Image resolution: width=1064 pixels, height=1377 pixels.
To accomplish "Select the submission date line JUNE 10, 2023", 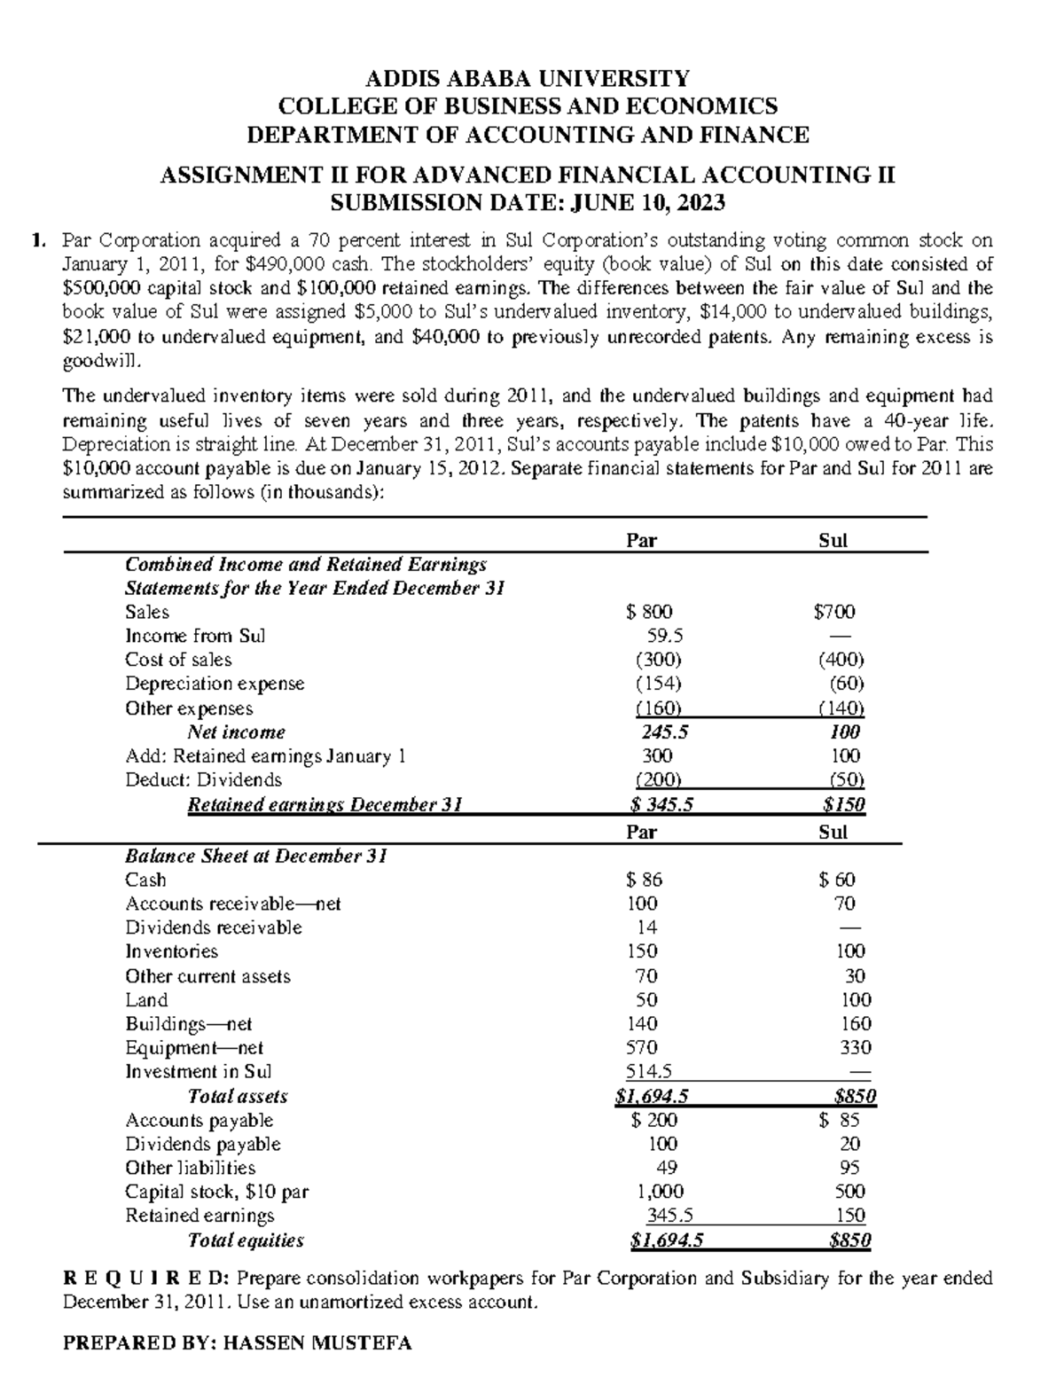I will (x=527, y=203).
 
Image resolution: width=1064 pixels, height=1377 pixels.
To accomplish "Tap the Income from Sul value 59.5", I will (x=665, y=636).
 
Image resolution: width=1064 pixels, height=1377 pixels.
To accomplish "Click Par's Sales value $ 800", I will (x=649, y=612).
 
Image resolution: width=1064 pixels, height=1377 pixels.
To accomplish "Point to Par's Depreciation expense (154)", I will (x=658, y=684).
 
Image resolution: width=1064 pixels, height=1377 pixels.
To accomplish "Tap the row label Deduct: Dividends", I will (x=204, y=780).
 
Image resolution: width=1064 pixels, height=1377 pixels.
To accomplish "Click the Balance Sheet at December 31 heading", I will (x=255, y=857).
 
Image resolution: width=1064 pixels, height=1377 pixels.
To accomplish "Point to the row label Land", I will (x=146, y=1000).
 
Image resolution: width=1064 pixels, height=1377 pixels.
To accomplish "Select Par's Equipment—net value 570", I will (x=642, y=1048).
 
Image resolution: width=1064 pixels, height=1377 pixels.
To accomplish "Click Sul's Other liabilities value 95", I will (x=849, y=1168).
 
